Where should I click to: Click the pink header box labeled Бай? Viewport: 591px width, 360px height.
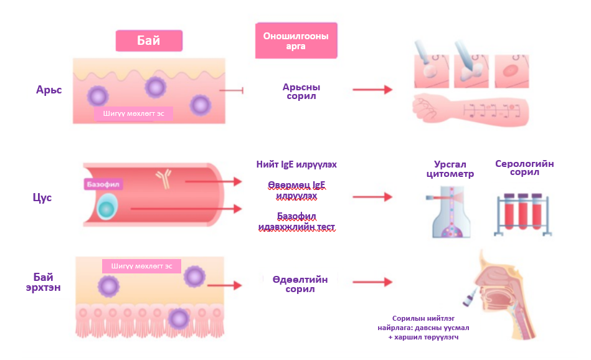point(149,41)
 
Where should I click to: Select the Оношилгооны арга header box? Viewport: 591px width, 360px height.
point(296,40)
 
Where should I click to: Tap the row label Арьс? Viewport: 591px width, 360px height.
point(49,89)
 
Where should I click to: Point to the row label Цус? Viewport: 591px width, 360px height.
point(42,197)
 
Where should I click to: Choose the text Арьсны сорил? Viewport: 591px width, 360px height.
point(301,92)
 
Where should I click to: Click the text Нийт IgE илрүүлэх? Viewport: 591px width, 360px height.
point(301,164)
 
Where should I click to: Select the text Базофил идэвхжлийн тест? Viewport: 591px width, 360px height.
point(296,221)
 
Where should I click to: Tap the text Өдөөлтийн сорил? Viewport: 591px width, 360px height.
point(300,284)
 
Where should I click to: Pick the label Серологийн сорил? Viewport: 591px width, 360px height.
point(524,168)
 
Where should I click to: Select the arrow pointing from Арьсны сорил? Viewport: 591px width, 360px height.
point(372,90)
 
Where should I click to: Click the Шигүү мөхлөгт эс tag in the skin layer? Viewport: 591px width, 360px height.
point(133,113)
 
